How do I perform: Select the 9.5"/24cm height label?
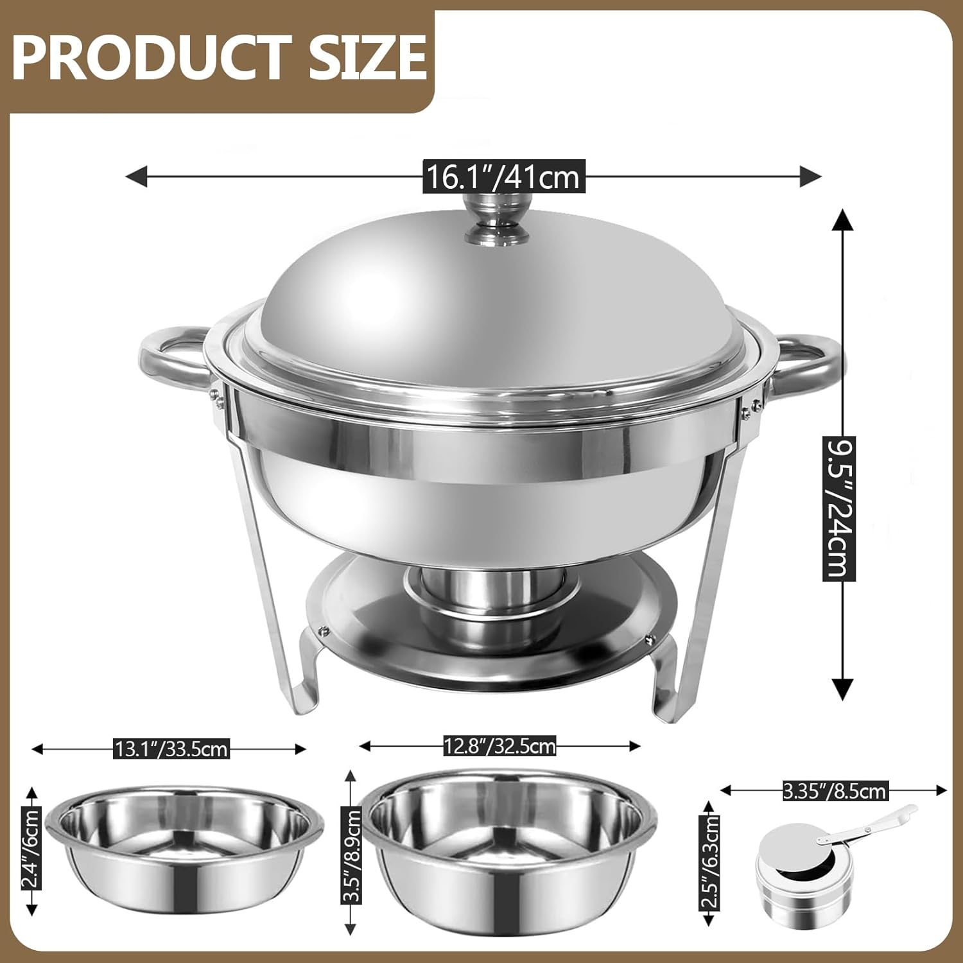tap(840, 508)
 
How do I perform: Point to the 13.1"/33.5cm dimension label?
tap(171, 749)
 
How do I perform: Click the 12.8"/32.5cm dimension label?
tap(499, 746)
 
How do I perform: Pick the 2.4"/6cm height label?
tap(31, 848)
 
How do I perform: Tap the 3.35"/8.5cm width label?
tap(835, 790)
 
